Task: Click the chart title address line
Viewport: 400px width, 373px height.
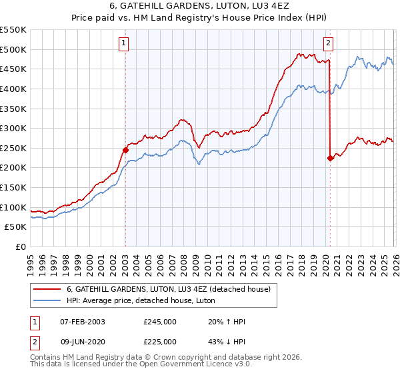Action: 200,6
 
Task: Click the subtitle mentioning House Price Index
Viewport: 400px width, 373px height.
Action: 200,18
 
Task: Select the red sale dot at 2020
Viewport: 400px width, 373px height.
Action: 330,158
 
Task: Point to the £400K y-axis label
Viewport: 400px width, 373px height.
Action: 13,89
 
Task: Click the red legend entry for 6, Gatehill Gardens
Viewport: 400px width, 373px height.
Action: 168,289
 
